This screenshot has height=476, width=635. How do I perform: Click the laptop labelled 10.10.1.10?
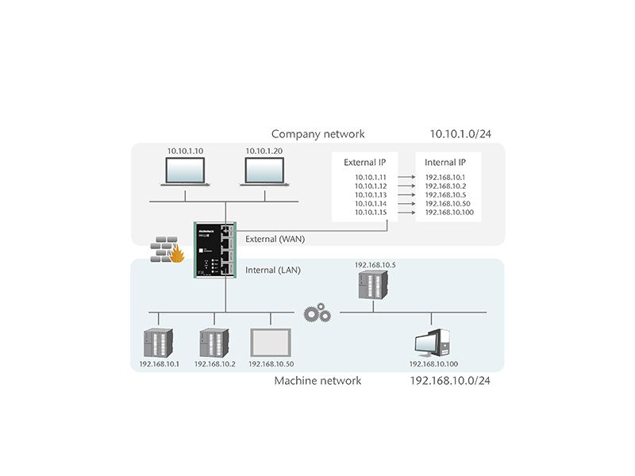coord(186,172)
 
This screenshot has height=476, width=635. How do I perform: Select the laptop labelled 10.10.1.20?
coord(265,172)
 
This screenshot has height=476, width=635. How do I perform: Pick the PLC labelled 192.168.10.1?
coord(159,343)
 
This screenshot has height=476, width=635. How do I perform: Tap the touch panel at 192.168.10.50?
coord(271,342)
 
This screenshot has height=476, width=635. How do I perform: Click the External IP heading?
coord(365,163)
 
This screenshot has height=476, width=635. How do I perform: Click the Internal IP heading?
coord(445,163)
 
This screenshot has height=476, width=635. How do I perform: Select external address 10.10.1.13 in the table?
coord(370,195)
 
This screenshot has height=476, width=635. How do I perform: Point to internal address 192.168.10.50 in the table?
coord(447,204)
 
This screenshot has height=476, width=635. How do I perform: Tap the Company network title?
coord(317,134)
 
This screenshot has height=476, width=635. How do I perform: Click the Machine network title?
coord(317,381)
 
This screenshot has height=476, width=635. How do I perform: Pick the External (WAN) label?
coord(275,238)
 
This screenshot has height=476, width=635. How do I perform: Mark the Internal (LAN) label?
coord(272,270)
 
